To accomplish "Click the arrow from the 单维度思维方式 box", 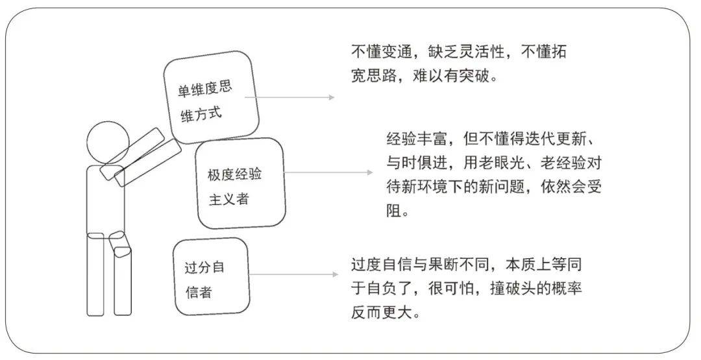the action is tap(289, 97).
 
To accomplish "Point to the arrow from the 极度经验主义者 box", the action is tap(328, 173).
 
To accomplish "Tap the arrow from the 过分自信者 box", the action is tap(294, 274).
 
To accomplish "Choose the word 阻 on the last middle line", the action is tap(394, 211).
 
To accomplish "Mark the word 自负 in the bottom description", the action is tap(382, 289).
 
